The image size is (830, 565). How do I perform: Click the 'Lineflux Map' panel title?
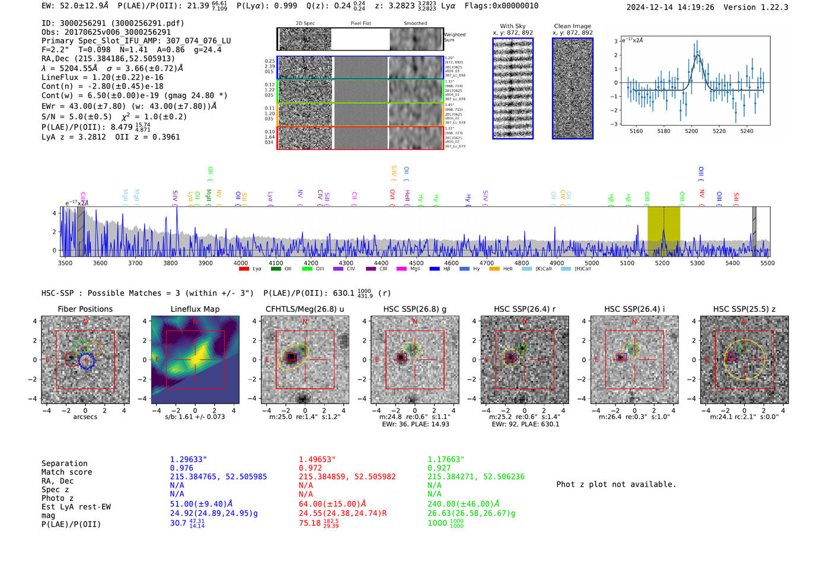click(194, 309)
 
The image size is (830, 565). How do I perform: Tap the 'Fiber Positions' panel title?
click(85, 309)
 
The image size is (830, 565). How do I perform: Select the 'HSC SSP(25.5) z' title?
click(744, 309)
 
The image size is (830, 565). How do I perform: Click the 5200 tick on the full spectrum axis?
click(662, 263)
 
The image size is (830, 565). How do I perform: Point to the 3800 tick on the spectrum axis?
click(170, 263)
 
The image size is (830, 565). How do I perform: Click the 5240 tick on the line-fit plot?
click(746, 131)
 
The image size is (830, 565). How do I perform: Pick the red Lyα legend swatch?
click(244, 269)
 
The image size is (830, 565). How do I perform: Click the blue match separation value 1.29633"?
click(189, 459)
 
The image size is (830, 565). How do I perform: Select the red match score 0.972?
click(311, 468)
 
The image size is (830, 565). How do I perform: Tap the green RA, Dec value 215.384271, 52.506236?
click(475, 477)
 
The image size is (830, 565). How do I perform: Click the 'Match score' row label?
click(66, 473)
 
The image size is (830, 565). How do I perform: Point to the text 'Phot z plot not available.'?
click(616, 484)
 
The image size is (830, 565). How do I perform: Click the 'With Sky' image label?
click(512, 26)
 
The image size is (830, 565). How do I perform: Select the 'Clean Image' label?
click(572, 26)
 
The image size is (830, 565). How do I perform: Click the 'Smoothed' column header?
click(415, 24)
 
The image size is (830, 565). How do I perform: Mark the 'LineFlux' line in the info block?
click(102, 77)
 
